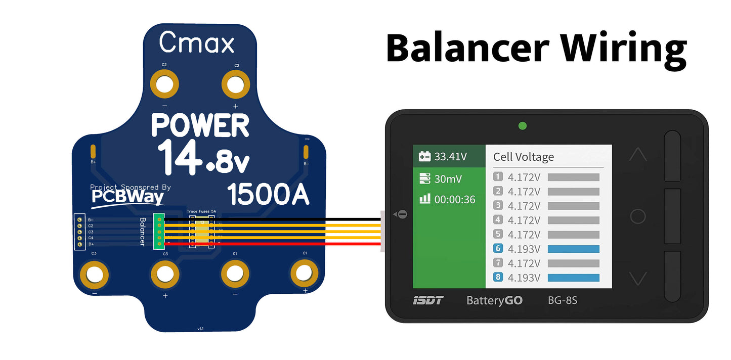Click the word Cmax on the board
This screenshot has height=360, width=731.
click(196, 42)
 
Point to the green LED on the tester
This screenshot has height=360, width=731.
click(523, 125)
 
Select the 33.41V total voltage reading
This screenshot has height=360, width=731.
click(450, 156)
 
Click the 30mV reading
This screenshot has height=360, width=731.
click(448, 178)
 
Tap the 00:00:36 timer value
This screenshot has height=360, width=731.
click(454, 200)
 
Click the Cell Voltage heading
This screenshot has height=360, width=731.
click(523, 157)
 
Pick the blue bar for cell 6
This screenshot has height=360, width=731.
click(573, 249)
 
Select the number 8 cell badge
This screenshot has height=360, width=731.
click(498, 278)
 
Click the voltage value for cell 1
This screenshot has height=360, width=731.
click(524, 177)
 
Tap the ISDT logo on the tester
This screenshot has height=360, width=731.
click(427, 300)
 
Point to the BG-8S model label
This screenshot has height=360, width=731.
click(563, 300)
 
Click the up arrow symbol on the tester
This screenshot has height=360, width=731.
click(637, 154)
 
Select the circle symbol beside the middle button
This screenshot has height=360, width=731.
click(637, 216)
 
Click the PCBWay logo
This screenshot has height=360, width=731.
click(127, 197)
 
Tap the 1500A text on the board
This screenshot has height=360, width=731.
click(268, 194)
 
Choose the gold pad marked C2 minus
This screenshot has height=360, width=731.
click(164, 84)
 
